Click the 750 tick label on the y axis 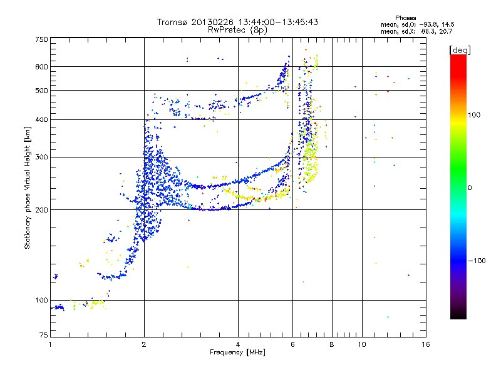click(42, 39)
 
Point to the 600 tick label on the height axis click(42, 66)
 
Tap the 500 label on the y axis click(42, 90)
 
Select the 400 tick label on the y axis click(42, 119)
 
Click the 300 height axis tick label click(42, 157)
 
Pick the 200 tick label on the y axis click(42, 209)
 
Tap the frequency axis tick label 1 click(50, 344)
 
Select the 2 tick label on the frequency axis click(144, 344)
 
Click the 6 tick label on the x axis click(292, 344)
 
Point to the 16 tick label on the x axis click(425, 344)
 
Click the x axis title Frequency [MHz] click(238, 352)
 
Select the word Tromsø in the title click(172, 22)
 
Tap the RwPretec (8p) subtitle click(238, 29)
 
